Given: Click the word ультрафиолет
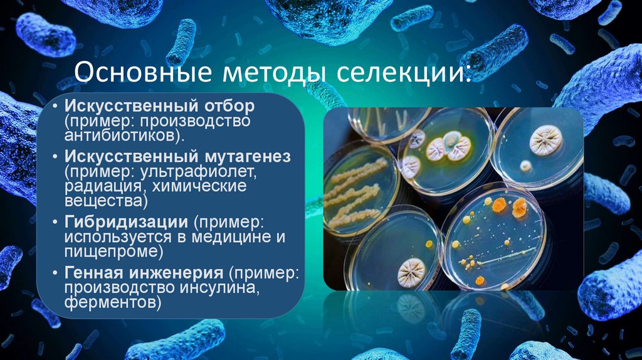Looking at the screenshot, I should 206,171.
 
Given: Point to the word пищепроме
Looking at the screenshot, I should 110,253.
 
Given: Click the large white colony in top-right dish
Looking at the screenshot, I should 545,140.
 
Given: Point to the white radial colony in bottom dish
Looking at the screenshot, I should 412,270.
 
